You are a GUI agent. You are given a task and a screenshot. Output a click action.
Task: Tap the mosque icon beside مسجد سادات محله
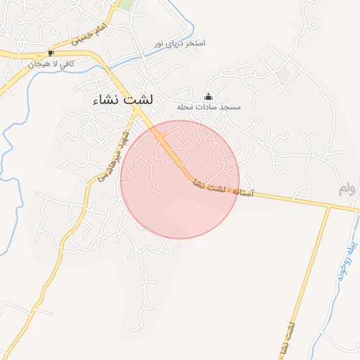207,96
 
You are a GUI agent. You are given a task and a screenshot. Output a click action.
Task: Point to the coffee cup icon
50,53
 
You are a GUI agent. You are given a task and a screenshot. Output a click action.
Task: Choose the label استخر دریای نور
181,44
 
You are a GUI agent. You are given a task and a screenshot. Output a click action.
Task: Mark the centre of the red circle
180,179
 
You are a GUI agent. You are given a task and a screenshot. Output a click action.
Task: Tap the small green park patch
126,4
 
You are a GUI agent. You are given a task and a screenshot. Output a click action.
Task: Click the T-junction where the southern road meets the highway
329,208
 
